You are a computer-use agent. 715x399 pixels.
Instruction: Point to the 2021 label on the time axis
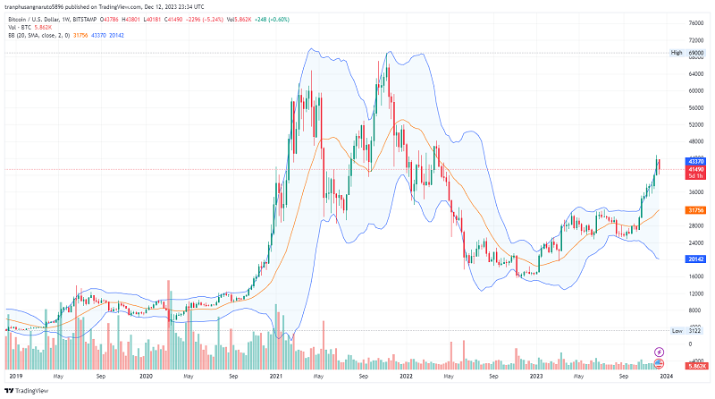click(x=275, y=377)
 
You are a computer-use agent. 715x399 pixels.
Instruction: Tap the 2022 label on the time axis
click(x=405, y=377)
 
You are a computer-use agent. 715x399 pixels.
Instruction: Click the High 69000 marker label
click(x=689, y=53)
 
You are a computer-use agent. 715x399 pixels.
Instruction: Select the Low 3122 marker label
click(x=689, y=331)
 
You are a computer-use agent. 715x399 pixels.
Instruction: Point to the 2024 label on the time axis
click(x=666, y=377)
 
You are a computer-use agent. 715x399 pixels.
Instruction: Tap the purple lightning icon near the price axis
click(x=660, y=352)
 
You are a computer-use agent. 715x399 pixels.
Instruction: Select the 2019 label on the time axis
click(x=15, y=377)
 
